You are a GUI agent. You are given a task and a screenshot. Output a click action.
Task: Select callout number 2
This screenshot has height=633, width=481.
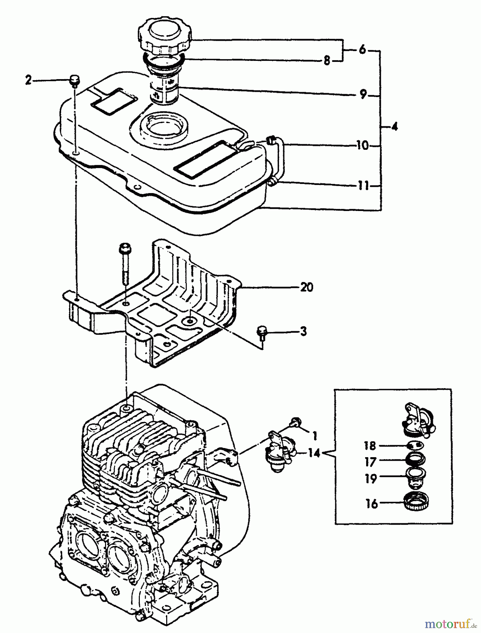point(28,80)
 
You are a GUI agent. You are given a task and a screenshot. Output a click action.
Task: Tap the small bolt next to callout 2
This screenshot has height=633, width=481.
point(74,81)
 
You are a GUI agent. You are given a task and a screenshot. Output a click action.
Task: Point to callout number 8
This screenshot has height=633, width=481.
point(327,61)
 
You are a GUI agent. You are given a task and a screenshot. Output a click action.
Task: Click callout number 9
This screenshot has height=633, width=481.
point(364,94)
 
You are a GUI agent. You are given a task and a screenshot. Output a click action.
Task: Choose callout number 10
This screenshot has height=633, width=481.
point(362,146)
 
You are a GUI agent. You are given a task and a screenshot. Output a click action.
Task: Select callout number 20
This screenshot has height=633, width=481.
point(306,287)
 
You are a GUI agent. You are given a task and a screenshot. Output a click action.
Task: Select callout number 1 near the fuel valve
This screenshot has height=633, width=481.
point(314,436)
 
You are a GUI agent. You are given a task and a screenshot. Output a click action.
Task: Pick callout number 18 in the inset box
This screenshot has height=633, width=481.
point(370,446)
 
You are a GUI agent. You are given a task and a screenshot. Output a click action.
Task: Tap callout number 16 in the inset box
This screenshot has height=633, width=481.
point(371,504)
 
